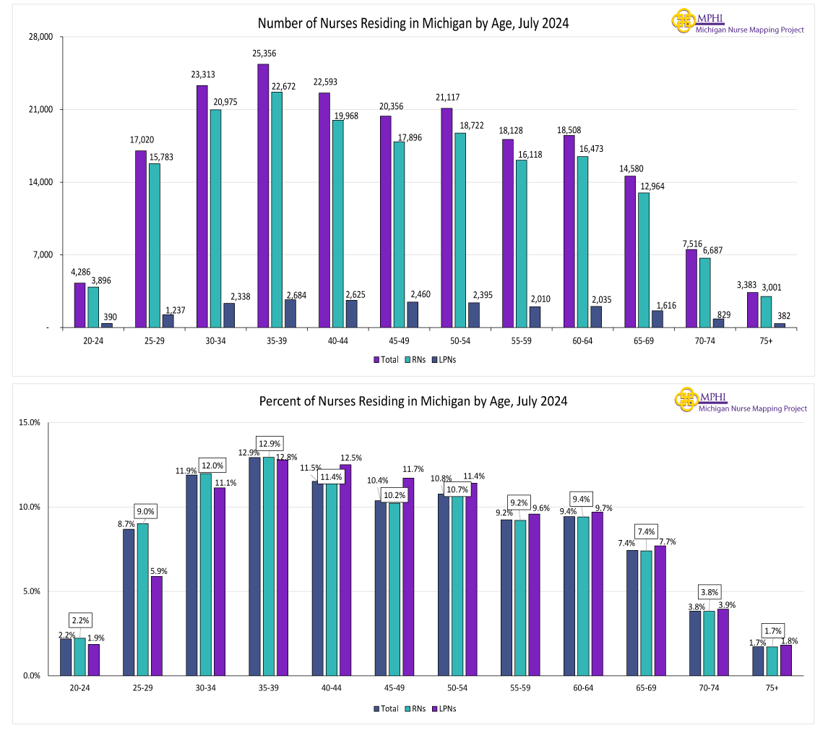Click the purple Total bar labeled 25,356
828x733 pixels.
[x=263, y=196]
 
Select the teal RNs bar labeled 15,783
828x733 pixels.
[x=155, y=246]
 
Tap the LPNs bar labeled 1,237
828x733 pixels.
[x=168, y=321]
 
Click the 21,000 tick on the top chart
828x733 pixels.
[x=42, y=110]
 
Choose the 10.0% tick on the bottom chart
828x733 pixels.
[x=30, y=507]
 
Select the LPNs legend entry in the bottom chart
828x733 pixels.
[x=444, y=708]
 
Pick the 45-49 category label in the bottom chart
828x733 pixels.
[x=394, y=687]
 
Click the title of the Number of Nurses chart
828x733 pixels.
[x=413, y=23]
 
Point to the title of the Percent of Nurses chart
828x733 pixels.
[x=413, y=401]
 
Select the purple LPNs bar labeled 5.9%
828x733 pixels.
[x=156, y=626]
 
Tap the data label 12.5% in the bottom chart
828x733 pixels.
[x=350, y=458]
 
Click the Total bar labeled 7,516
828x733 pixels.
[x=691, y=288]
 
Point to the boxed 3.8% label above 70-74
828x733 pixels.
[x=709, y=591]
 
